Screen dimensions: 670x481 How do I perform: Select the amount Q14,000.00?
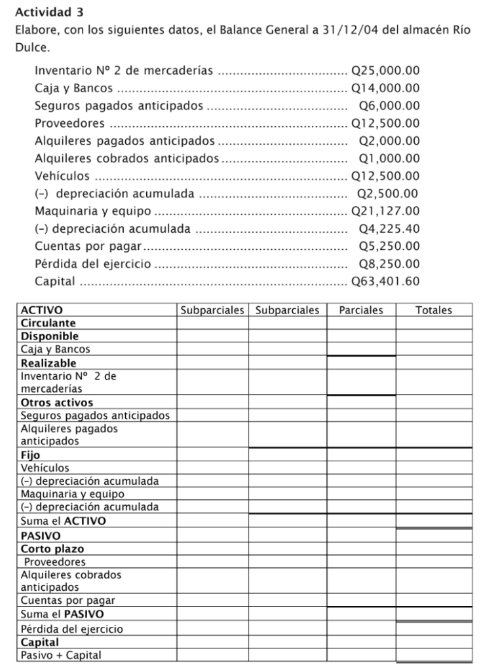(x=385, y=88)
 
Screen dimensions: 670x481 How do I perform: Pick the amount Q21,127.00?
(x=385, y=211)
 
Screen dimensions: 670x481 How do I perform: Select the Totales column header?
(x=434, y=310)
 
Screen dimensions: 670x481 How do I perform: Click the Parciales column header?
(x=361, y=310)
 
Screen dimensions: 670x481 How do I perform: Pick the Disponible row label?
(x=50, y=336)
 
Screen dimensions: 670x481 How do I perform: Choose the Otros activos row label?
(x=57, y=402)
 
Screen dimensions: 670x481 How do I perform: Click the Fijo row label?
(x=30, y=455)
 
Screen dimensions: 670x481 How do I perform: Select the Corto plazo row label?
(x=52, y=549)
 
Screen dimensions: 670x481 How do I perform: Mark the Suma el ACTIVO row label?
(x=64, y=521)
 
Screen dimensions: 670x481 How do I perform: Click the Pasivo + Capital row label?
(x=61, y=655)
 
